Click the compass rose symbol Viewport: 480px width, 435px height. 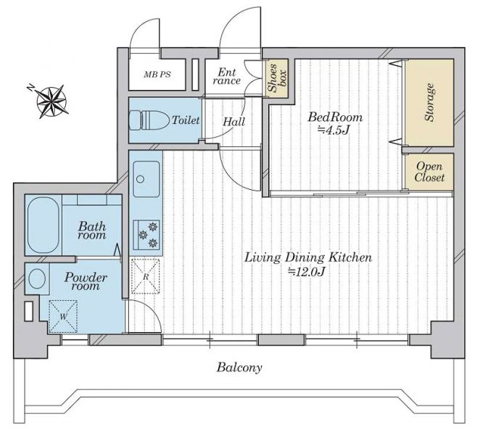click(52, 101)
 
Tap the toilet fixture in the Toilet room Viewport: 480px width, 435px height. click(149, 120)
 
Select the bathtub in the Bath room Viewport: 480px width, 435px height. click(44, 225)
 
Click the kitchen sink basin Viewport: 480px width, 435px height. click(146, 179)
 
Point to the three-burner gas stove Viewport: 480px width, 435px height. click(146, 235)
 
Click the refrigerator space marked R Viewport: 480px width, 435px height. click(146, 276)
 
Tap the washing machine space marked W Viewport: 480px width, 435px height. click(63, 317)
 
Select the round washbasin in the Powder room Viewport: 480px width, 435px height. click(37, 278)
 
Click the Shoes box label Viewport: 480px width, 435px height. click(277, 78)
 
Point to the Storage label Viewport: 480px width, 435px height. click(429, 102)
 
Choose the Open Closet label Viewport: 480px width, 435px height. click(429, 172)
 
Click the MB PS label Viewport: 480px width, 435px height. click(157, 75)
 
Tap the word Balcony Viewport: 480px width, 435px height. click(239, 368)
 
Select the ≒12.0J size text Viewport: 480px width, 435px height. click(306, 272)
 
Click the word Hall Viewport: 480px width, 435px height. click(234, 122)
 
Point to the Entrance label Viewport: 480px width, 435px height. click(227, 77)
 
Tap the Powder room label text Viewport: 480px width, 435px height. click(86, 281)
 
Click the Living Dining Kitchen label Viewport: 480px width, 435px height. click(308, 257)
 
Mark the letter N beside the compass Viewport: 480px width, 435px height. click(31, 87)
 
